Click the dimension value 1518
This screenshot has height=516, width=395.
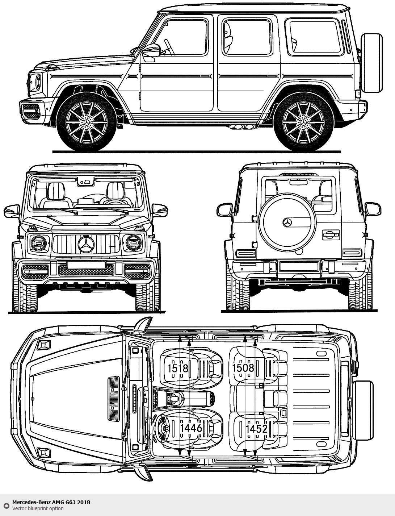(178, 368)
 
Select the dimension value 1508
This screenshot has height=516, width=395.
(243, 368)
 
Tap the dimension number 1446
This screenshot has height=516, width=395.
(191, 428)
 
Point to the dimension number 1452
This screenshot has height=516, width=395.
(256, 429)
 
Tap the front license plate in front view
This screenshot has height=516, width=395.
(86, 265)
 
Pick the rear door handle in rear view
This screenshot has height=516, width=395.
(331, 234)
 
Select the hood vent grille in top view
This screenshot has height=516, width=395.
(113, 399)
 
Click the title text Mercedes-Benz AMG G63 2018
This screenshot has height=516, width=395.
(51, 502)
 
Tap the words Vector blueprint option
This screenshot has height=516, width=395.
(38, 508)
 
